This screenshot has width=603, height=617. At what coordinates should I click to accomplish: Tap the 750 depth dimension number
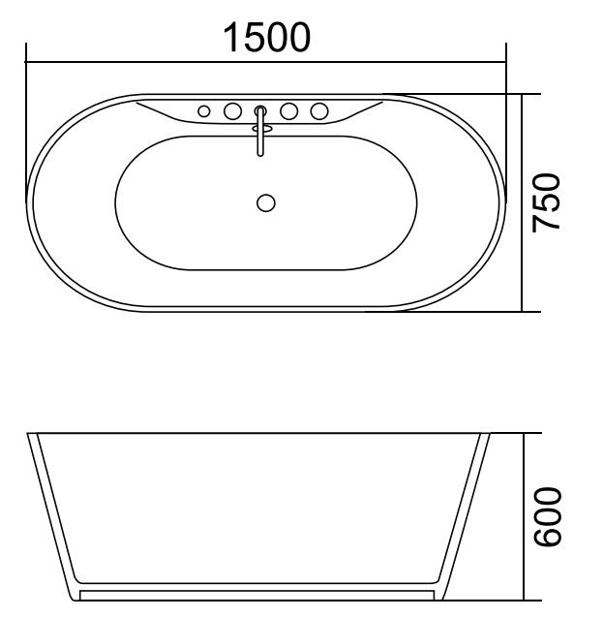coord(548,202)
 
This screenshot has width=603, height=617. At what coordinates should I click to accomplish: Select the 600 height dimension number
coord(548,515)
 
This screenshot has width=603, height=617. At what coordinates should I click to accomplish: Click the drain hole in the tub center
coord(266,202)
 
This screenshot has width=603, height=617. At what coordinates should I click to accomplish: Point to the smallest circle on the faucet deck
coord(204,111)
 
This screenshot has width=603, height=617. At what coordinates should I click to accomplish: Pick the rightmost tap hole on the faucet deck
coord(318,111)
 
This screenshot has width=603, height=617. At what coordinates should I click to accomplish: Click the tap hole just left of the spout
coord(232,111)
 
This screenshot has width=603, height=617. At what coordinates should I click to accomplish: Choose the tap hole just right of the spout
coord(288,111)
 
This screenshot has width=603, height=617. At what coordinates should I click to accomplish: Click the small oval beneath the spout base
coord(259,126)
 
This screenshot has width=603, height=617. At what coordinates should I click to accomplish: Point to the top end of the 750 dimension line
coord(524,95)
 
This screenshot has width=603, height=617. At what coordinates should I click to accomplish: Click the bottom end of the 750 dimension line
coord(524,311)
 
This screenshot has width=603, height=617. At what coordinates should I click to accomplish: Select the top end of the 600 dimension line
coord(525,434)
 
